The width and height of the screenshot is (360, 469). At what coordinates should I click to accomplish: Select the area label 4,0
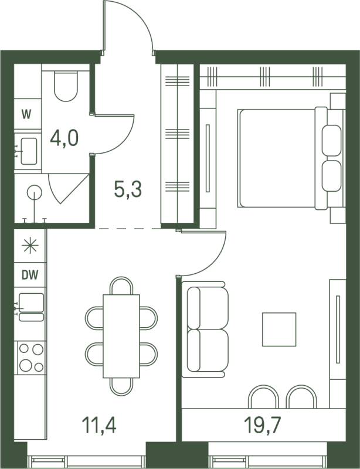click(64, 138)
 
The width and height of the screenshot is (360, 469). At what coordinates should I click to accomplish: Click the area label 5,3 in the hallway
click(128, 189)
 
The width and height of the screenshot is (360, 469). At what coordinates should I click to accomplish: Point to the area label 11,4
click(99, 425)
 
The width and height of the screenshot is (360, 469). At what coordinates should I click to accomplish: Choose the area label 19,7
click(263, 425)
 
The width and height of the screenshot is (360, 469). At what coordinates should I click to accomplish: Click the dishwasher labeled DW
click(30, 275)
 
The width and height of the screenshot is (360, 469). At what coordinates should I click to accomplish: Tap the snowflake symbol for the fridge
click(30, 246)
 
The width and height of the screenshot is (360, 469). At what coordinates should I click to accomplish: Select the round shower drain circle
click(35, 192)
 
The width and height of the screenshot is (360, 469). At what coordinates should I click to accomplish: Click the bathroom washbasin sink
click(29, 151)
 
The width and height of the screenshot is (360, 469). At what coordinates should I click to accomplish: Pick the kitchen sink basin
click(32, 303)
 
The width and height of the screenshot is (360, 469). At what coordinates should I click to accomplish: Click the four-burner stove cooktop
click(31, 358)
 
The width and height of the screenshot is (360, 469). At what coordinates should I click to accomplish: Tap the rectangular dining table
click(121, 336)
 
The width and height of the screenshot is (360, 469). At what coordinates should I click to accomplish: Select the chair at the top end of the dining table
click(121, 286)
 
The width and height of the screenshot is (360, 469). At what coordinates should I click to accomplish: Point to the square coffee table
click(279, 329)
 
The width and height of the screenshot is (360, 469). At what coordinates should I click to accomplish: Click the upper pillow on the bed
click(332, 140)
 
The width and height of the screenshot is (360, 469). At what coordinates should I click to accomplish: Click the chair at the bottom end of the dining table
click(121, 387)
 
